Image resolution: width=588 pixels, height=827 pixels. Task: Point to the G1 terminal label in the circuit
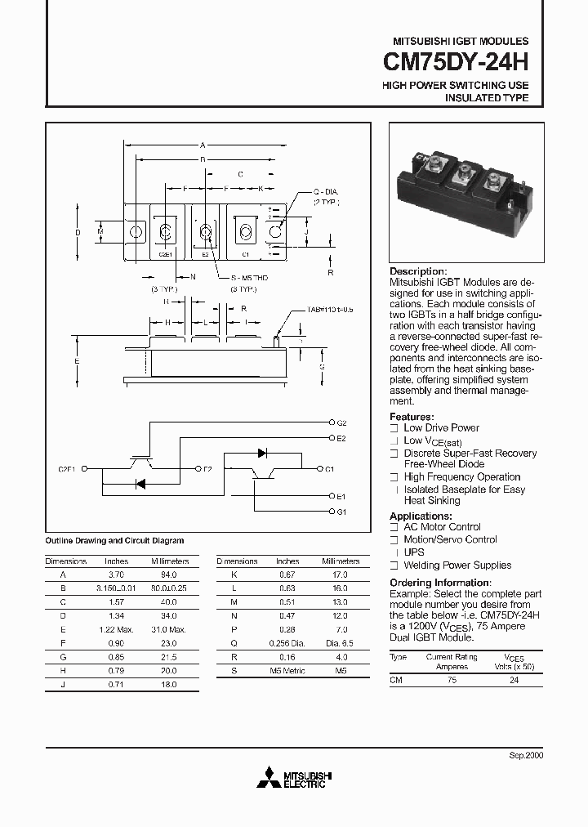click(x=341, y=512)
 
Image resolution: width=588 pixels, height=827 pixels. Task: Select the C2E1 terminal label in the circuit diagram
click(x=68, y=469)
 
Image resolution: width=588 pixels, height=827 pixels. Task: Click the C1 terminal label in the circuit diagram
click(x=329, y=469)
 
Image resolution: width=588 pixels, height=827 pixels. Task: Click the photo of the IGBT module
click(x=465, y=193)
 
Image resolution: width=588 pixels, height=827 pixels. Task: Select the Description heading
click(x=418, y=271)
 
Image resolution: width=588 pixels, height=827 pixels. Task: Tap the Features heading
click(x=412, y=417)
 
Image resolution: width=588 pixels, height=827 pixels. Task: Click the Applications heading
click(x=421, y=516)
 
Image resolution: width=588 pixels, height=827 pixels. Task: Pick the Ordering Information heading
click(x=442, y=583)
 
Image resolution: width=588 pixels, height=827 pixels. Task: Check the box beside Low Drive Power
click(x=394, y=428)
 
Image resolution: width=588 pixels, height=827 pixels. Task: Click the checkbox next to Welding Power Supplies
click(x=394, y=565)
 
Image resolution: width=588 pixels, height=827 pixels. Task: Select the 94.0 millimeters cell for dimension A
click(x=170, y=574)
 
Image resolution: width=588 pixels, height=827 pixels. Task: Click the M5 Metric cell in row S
click(x=287, y=671)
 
